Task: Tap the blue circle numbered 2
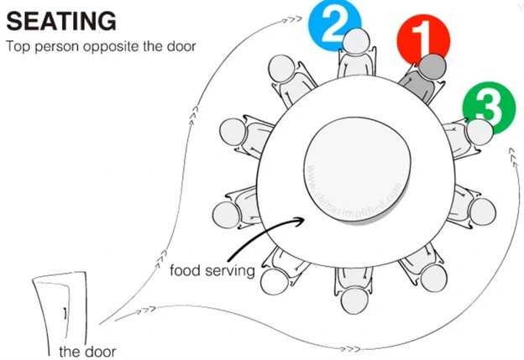(x=333, y=25)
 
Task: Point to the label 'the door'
(x=87, y=351)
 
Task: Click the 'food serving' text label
(x=212, y=272)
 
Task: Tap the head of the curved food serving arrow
(x=301, y=221)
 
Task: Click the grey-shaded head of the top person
(x=432, y=66)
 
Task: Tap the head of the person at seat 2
(x=357, y=41)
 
